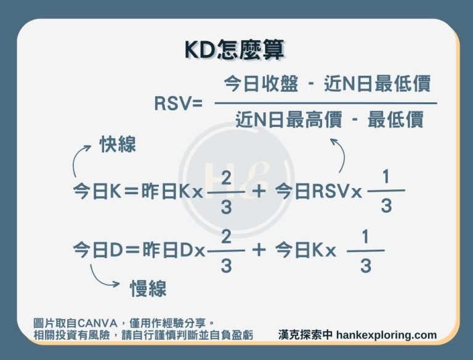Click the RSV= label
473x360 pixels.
[178, 105]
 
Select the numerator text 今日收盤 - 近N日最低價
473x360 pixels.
[326, 84]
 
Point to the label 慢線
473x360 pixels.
[148, 288]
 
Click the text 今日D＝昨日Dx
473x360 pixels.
[139, 250]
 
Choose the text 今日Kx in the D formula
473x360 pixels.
[305, 250]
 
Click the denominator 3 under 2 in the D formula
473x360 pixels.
[226, 266]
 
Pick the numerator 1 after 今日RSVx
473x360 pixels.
[386, 178]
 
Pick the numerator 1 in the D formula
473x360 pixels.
[365, 237]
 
